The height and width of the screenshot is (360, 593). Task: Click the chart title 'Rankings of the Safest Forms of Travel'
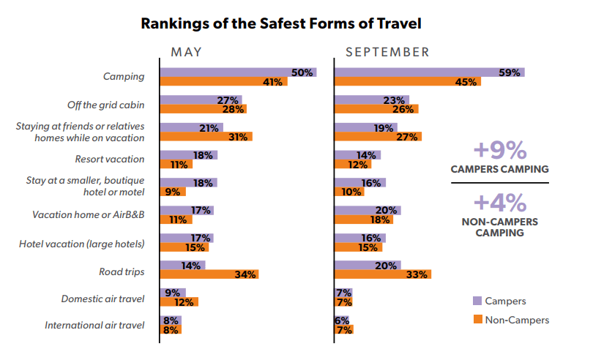click(x=281, y=23)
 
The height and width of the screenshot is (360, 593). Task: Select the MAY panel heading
click(x=187, y=52)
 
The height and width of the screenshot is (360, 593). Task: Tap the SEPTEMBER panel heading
click(x=387, y=52)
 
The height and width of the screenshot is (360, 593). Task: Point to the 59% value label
click(x=509, y=72)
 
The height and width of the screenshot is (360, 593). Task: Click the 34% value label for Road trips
click(x=245, y=274)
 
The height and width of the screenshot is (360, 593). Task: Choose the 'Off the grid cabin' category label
click(x=107, y=104)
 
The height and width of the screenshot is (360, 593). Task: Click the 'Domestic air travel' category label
click(x=103, y=299)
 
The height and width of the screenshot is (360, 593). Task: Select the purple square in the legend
click(x=477, y=300)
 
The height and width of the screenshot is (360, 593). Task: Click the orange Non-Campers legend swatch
click(x=477, y=319)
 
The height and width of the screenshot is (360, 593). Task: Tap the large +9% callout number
click(x=499, y=150)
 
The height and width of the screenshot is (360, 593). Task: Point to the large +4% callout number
click(x=499, y=201)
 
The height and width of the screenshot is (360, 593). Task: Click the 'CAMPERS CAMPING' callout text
click(x=499, y=169)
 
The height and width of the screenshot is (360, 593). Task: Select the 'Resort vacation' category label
click(x=110, y=159)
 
